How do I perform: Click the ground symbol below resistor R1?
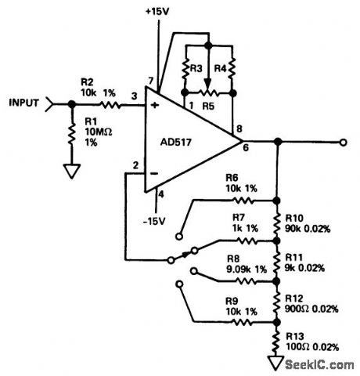[70, 170]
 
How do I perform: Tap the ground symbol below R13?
[276, 362]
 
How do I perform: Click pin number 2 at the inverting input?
[135, 166]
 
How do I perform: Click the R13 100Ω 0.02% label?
[309, 342]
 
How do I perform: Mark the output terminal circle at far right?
[342, 143]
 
